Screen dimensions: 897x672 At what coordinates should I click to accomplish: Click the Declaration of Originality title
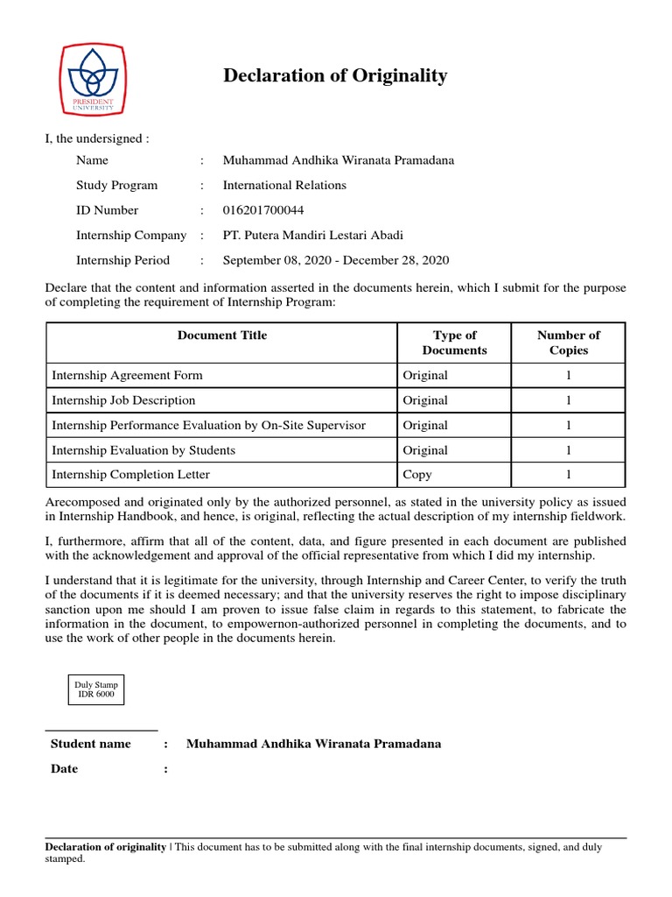[335, 76]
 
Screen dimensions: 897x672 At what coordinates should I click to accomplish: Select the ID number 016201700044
[263, 210]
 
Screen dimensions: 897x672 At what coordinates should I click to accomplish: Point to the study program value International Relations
[284, 185]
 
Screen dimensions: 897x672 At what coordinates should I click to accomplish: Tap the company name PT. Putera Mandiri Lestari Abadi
[313, 235]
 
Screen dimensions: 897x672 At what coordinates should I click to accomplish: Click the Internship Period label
[122, 260]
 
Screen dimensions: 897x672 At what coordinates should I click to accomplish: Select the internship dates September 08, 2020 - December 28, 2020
[336, 260]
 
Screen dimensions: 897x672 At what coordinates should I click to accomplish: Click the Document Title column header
[222, 335]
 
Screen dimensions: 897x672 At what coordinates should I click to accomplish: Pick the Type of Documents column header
[454, 343]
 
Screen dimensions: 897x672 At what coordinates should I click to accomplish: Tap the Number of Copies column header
[568, 343]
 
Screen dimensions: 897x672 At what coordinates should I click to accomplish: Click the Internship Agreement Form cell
[128, 375]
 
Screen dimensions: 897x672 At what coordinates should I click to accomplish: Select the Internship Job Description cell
[123, 400]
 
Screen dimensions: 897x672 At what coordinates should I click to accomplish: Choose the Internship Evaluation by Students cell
[143, 450]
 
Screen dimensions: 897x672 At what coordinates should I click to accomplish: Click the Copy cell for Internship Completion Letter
[417, 475]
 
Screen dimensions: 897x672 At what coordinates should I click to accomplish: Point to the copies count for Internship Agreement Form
[568, 375]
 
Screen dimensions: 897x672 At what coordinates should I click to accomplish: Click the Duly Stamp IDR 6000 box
[96, 689]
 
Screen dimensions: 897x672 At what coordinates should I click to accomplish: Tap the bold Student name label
[91, 744]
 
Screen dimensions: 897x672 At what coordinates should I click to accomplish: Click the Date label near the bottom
[64, 769]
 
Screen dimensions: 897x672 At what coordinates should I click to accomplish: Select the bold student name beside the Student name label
[314, 744]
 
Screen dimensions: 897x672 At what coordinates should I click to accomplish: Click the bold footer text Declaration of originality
[105, 847]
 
